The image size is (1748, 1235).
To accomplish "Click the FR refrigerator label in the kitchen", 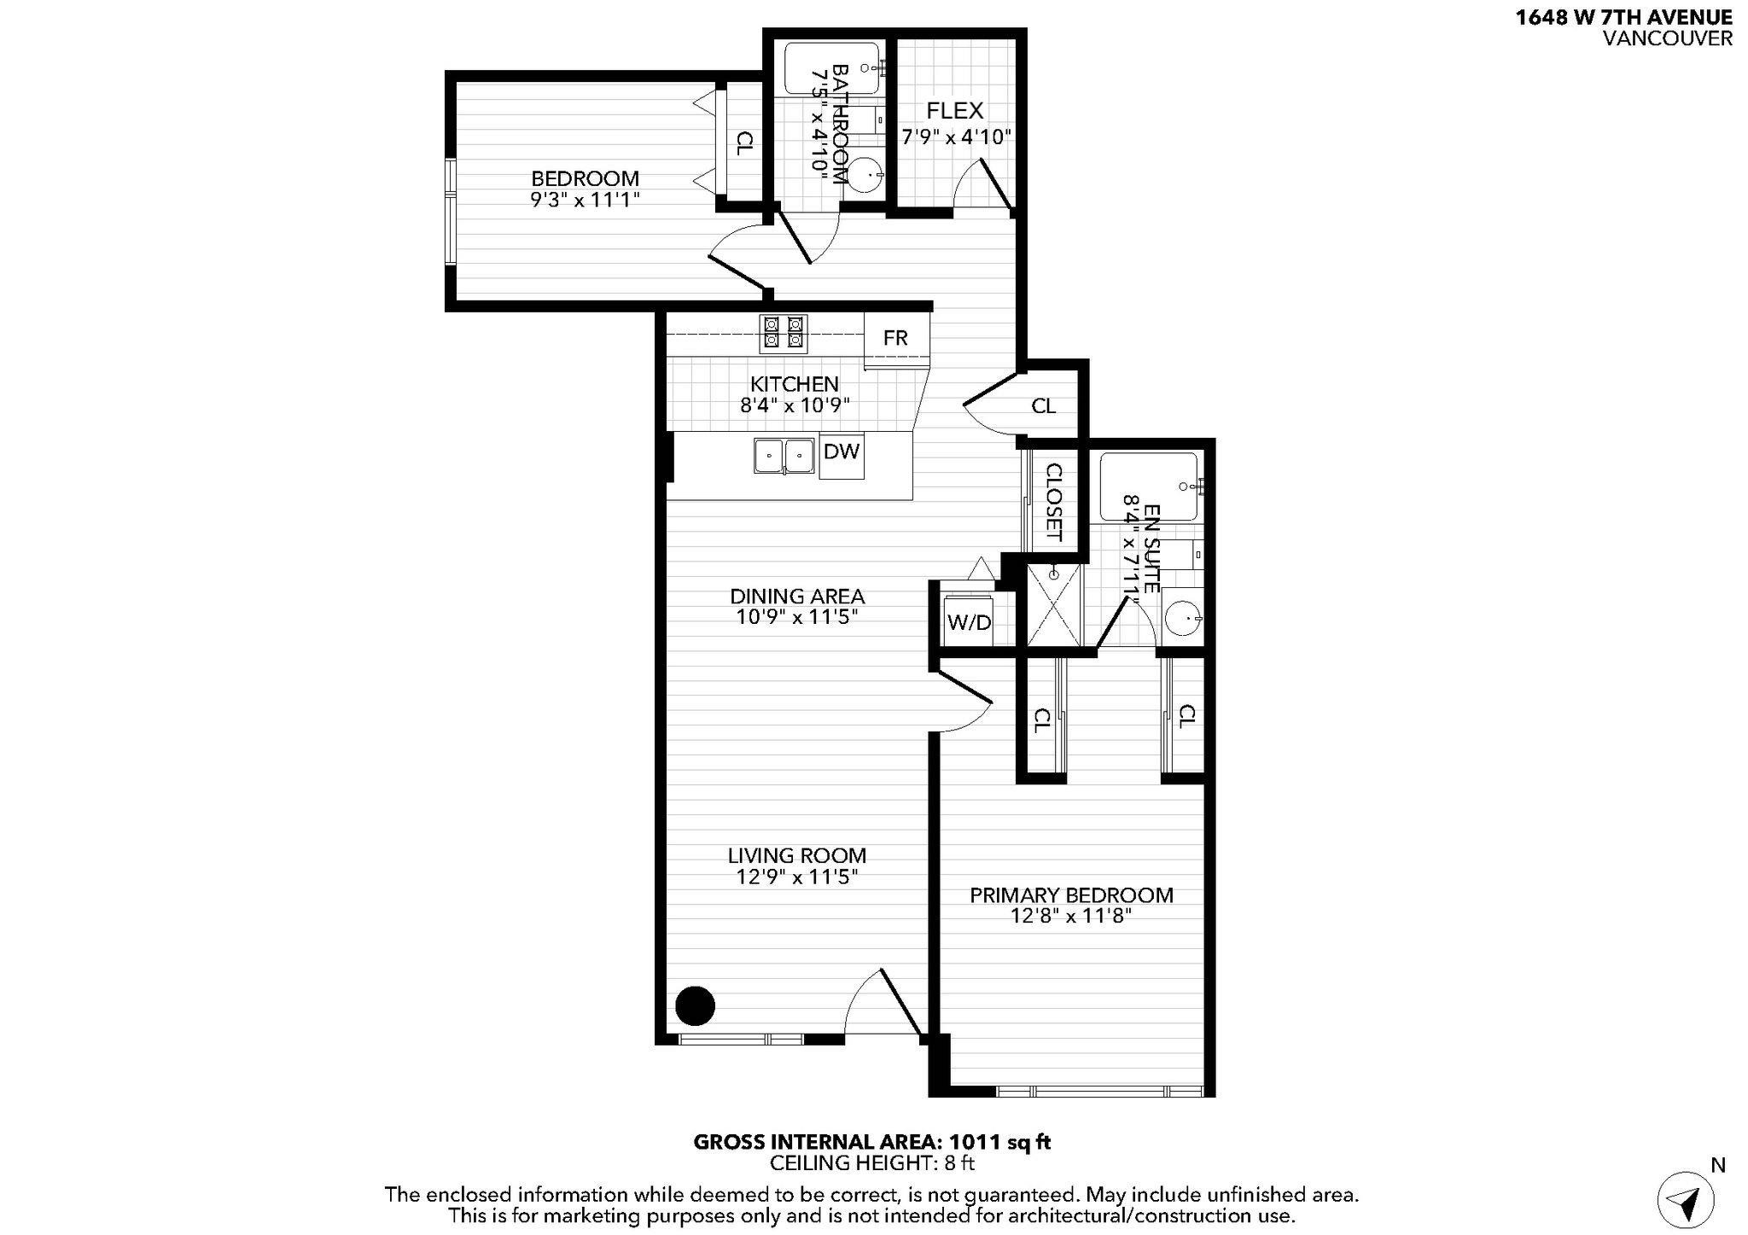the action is point(895,338).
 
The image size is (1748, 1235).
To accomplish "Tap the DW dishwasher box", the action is point(842,457).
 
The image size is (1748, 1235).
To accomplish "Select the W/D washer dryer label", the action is point(970,623).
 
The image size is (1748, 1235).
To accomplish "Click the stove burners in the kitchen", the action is point(784,332).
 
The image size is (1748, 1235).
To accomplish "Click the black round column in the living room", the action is point(695,1005).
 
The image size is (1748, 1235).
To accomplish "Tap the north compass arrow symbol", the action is point(1685,1200).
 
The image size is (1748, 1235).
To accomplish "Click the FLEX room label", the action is point(955,111).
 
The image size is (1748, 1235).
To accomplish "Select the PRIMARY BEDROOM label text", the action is point(1071,895).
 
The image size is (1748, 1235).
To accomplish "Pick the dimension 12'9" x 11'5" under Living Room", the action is point(796,877).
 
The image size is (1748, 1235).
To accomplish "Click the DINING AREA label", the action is point(796,597).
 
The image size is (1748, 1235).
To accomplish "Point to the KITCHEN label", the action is point(794,384).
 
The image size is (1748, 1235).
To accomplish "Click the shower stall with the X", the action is point(1053,605).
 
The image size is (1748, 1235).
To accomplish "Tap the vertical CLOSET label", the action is point(1053,502).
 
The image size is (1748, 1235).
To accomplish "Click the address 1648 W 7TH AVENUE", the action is point(1623,18).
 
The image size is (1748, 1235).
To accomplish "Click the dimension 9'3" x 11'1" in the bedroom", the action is point(585,200).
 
